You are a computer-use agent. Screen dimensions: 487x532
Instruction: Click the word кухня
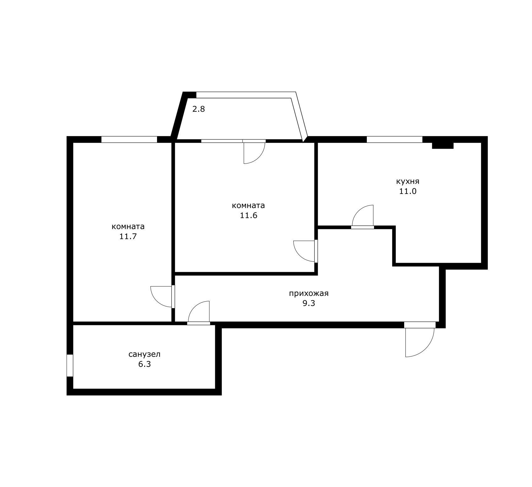click(408, 181)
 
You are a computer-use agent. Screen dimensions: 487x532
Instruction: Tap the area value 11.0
click(408, 191)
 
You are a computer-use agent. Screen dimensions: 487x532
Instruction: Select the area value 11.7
click(128, 236)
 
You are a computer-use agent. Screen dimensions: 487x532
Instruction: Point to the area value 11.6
click(248, 215)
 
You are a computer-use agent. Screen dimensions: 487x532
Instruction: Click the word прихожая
click(309, 293)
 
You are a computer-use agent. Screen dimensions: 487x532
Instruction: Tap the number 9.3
click(309, 303)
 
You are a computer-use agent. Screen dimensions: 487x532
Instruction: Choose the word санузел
click(144, 354)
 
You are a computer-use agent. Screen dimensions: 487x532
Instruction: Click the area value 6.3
click(144, 364)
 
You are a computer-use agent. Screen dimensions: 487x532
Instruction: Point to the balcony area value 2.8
click(198, 109)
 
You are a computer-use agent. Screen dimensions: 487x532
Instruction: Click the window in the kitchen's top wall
click(394, 139)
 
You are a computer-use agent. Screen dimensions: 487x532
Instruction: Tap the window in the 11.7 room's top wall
click(129, 139)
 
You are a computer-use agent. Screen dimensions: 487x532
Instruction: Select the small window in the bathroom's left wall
click(70, 365)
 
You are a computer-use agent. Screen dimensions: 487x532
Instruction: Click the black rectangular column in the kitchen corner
click(443, 145)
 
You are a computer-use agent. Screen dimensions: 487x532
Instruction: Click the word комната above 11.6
click(248, 206)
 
